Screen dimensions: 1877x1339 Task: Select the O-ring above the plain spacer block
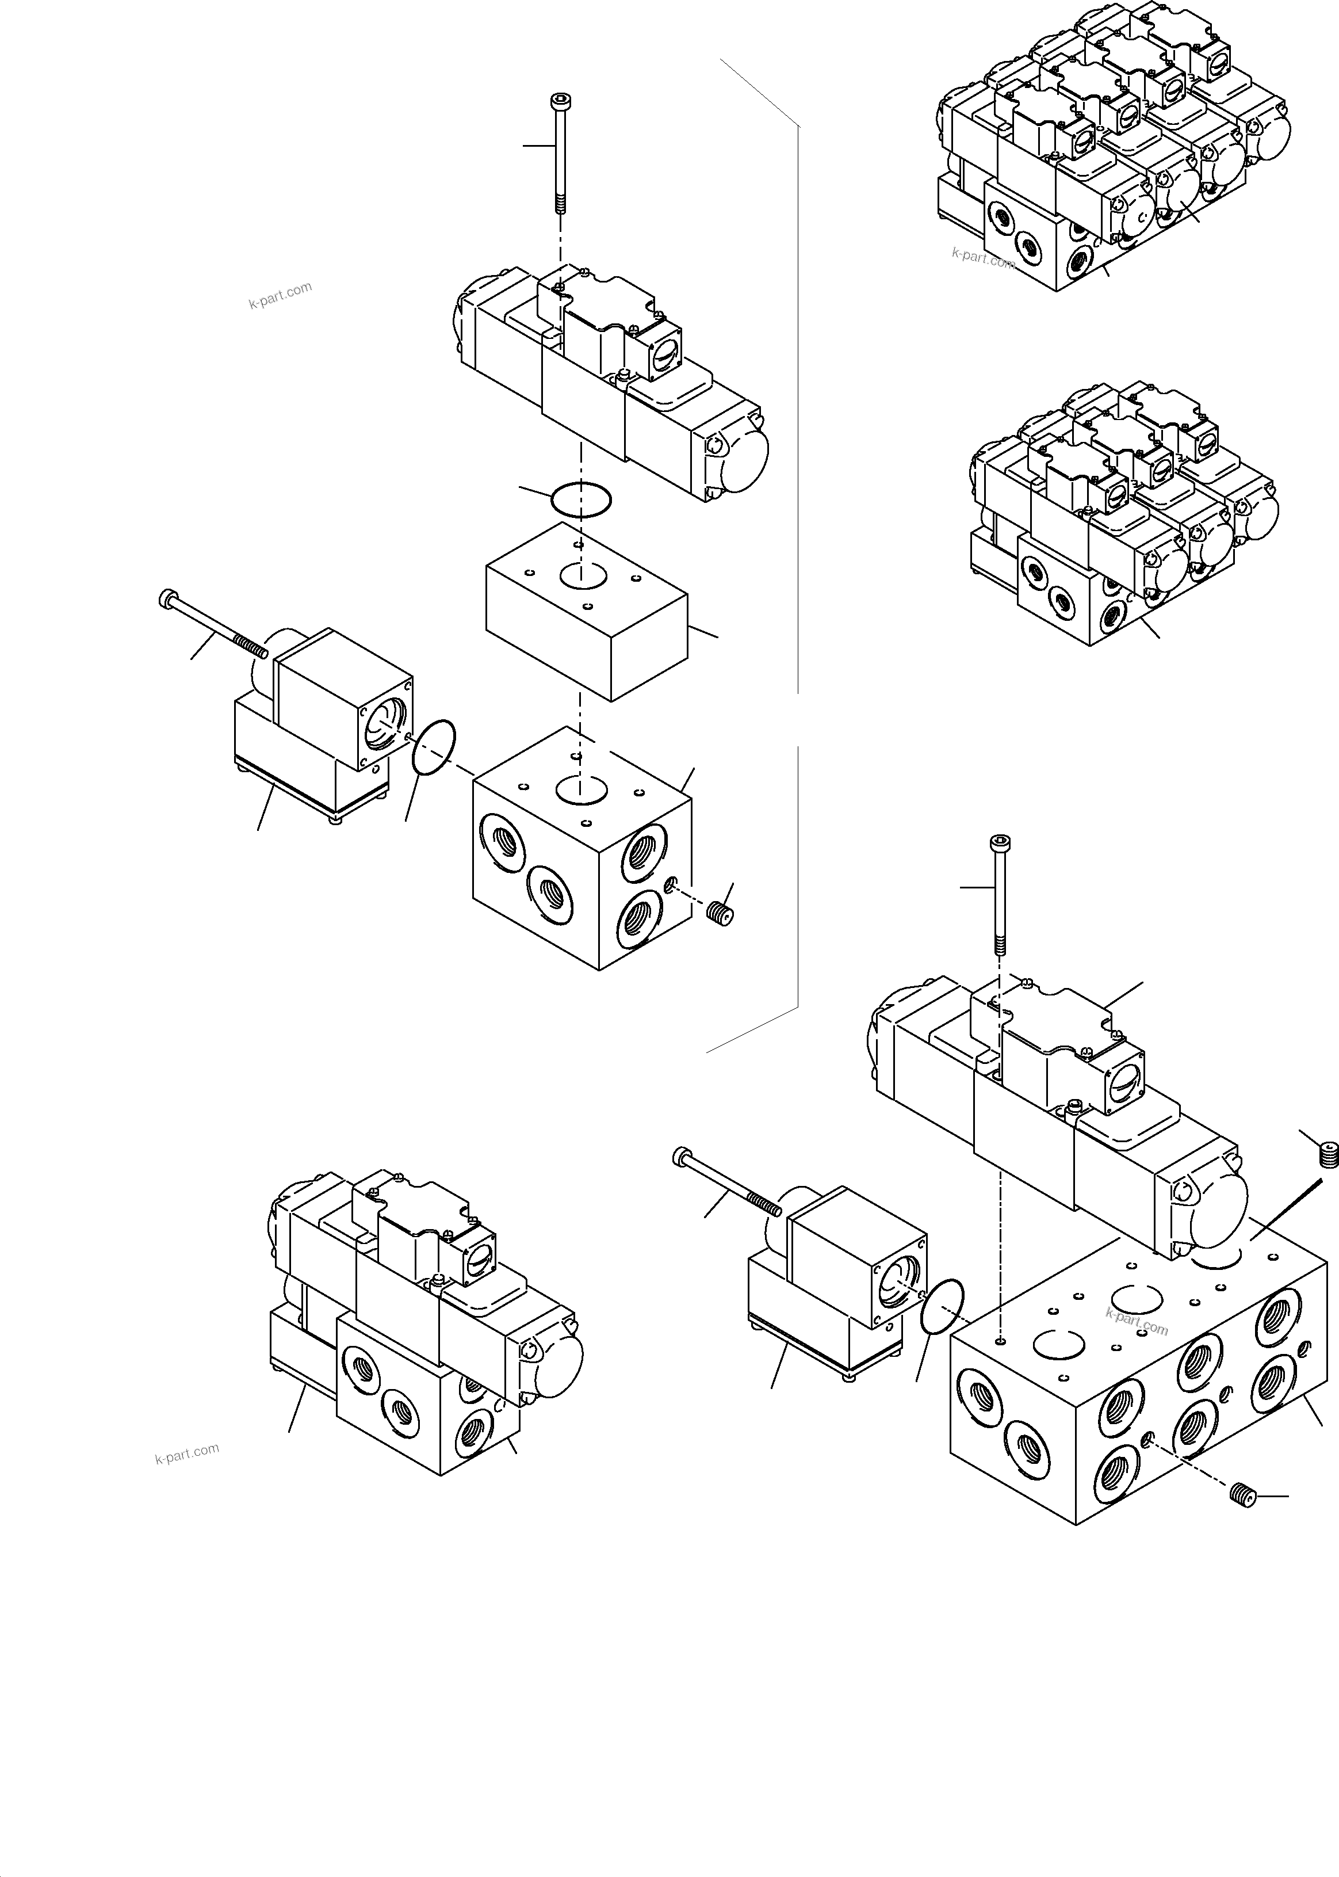tap(581, 499)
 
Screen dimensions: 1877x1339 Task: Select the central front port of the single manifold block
tap(550, 893)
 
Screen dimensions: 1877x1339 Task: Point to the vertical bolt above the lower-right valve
tap(999, 895)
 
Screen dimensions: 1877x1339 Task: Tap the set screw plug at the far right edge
tap(1327, 1155)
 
